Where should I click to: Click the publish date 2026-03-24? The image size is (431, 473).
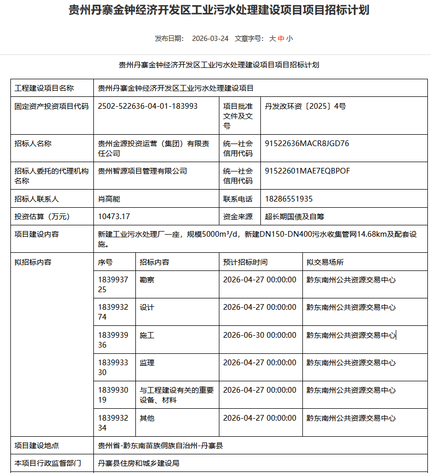coord(210,38)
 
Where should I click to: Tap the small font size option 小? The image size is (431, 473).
coord(289,38)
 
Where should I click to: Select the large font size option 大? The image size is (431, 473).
coord(272,38)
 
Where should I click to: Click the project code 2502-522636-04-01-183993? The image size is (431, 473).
coord(148,106)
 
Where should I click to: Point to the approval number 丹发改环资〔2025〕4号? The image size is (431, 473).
coord(305,106)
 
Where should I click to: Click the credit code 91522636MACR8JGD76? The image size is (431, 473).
coord(307,144)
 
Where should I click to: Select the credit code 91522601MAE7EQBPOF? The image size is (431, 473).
coord(307,171)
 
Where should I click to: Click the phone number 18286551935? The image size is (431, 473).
coord(288,199)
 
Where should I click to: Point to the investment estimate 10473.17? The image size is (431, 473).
coord(114,217)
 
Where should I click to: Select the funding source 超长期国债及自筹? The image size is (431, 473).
coord(295,217)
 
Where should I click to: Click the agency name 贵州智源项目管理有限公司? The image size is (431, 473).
coord(142,171)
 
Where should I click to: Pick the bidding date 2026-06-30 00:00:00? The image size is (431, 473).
coord(259,335)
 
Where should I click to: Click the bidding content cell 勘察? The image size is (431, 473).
coord(147,280)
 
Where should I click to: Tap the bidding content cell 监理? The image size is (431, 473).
coord(147,363)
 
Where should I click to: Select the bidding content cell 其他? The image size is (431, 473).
coord(147,418)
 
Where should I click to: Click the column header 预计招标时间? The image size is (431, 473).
coord(245,262)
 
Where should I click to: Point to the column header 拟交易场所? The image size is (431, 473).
coord(325,262)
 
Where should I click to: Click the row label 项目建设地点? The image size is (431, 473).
coord(36,446)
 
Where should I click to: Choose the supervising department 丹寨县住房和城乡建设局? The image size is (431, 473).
coord(138,463)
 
